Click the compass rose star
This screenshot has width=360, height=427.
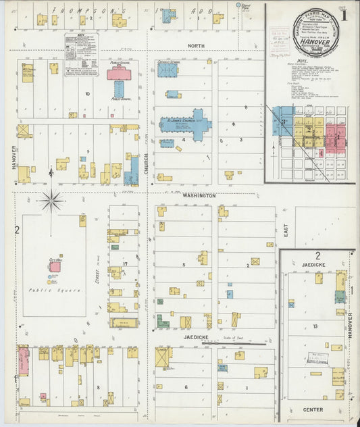click(51, 200)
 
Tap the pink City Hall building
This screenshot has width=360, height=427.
click(54, 267)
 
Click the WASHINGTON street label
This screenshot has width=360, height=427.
click(199, 195)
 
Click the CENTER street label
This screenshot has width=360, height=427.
click(313, 409)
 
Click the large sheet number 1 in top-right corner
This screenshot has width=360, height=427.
click(346, 14)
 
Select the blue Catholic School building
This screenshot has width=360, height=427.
click(168, 69)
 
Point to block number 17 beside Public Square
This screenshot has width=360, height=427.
click(124, 264)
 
